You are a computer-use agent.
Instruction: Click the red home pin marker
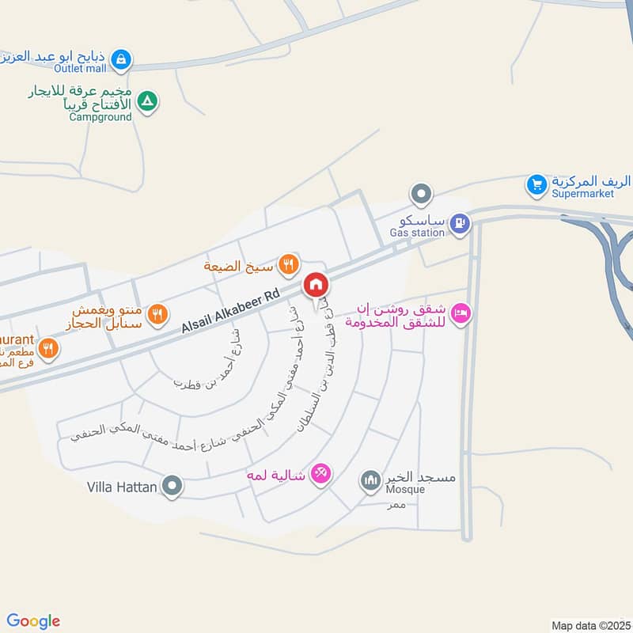[315, 285]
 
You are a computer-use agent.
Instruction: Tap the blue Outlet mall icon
[120, 58]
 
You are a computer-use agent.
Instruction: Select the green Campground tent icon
[147, 101]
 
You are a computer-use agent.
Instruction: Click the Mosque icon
[370, 479]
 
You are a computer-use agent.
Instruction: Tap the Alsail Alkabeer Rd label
[231, 311]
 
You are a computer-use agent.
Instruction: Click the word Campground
[100, 117]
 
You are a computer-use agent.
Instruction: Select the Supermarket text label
[584, 194]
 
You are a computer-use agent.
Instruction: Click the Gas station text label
[417, 233]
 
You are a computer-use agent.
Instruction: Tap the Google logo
[33, 621]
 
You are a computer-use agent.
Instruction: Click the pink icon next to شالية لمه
[320, 473]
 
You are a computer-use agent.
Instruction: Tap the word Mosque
[405, 489]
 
